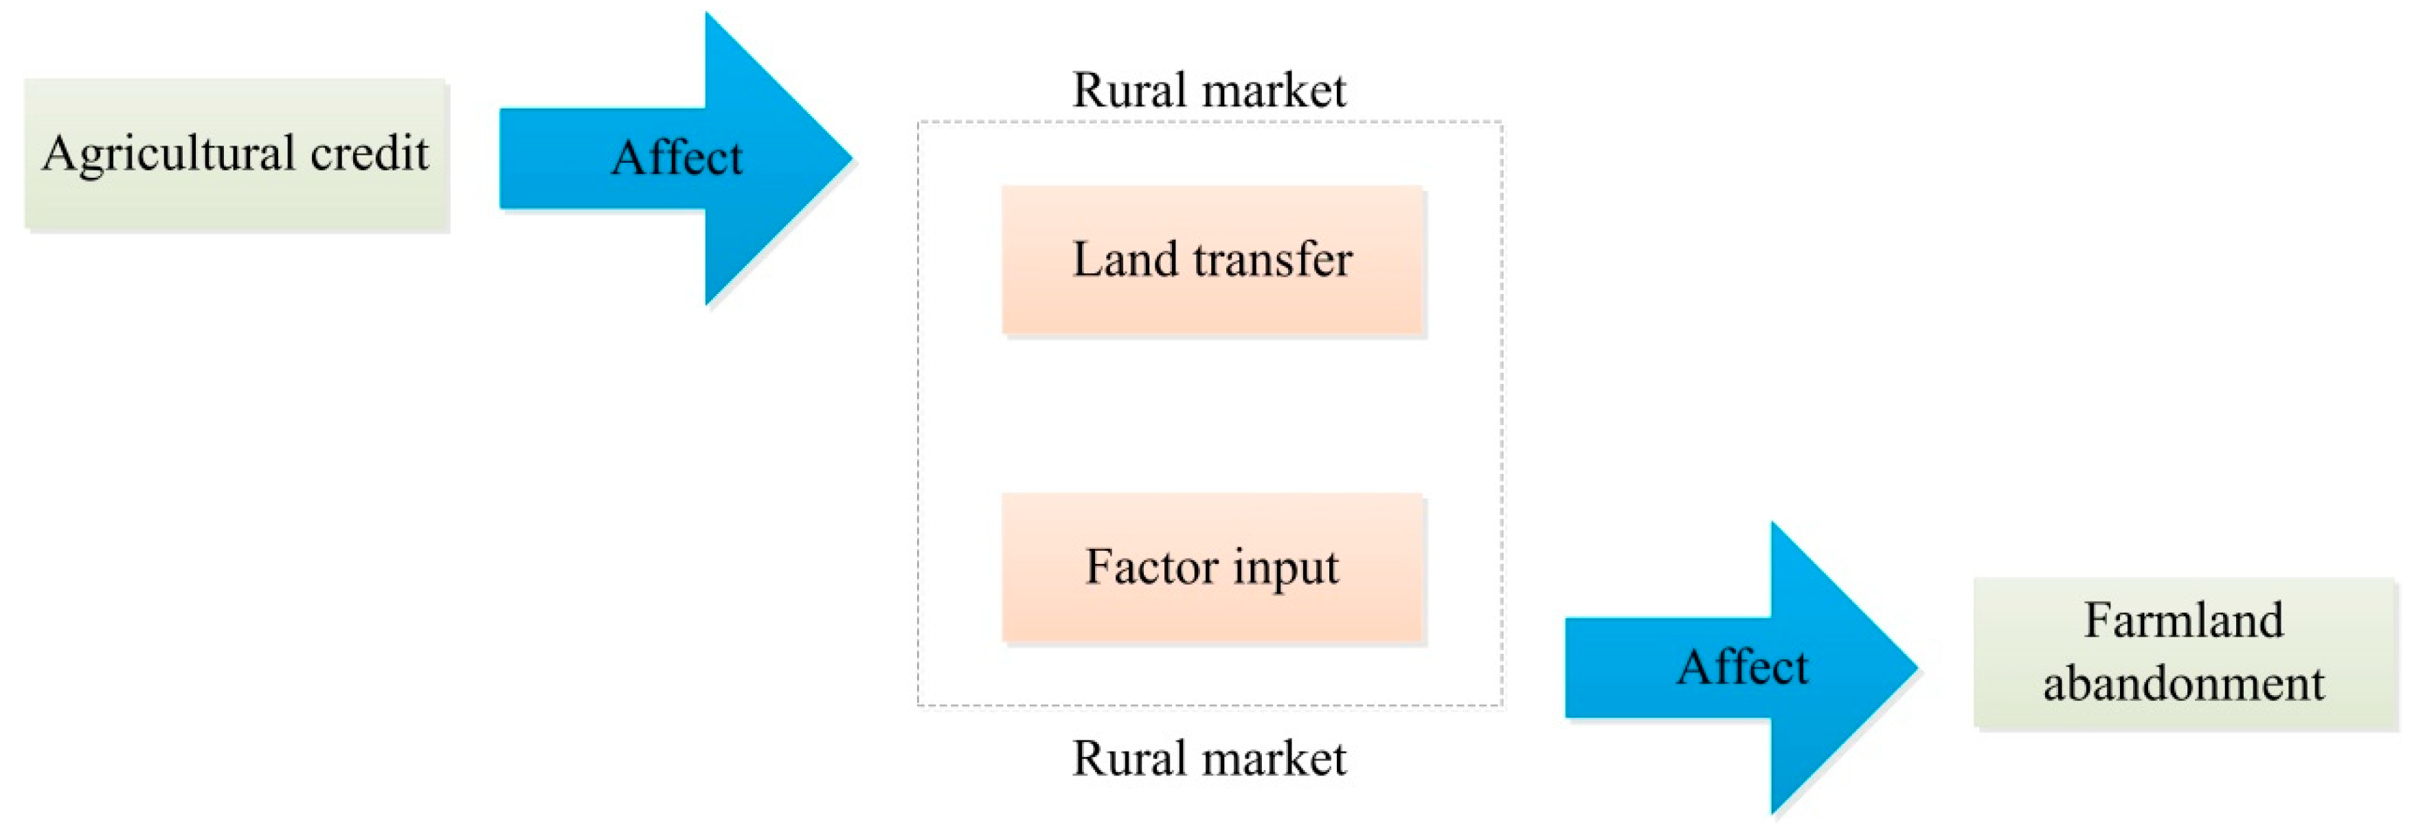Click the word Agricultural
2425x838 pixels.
click(170, 153)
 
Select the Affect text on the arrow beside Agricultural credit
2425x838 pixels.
click(677, 157)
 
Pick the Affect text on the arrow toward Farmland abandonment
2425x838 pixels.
click(1743, 668)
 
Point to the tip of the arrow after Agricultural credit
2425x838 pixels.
click(849, 157)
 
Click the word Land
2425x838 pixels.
click(1125, 260)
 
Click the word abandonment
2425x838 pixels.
click(2184, 683)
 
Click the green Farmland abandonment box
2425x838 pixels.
click(2184, 653)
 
